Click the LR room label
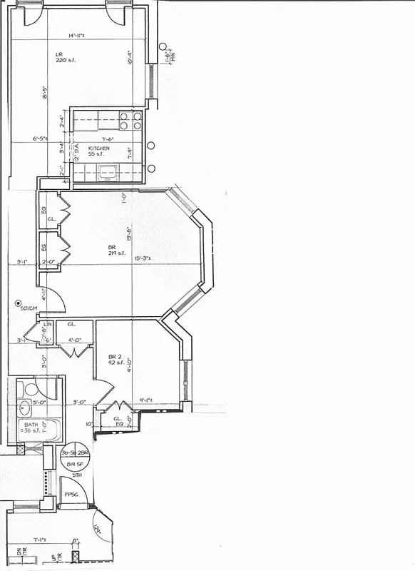click(x=61, y=54)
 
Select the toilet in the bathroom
click(x=29, y=390)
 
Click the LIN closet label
click(x=48, y=325)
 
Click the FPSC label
click(x=71, y=493)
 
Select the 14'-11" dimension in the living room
click(x=79, y=35)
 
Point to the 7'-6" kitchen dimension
click(x=108, y=139)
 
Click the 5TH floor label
click(x=77, y=475)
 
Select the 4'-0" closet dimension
click(x=74, y=340)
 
